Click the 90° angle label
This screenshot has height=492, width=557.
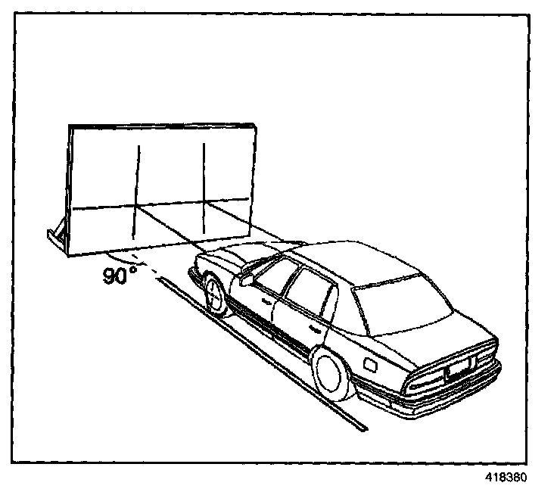[x=119, y=275]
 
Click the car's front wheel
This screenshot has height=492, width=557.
[x=215, y=295]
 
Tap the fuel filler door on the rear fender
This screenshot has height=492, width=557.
[x=372, y=364]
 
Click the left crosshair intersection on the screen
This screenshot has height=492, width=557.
[x=137, y=205]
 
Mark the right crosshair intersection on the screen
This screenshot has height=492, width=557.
[x=204, y=203]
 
